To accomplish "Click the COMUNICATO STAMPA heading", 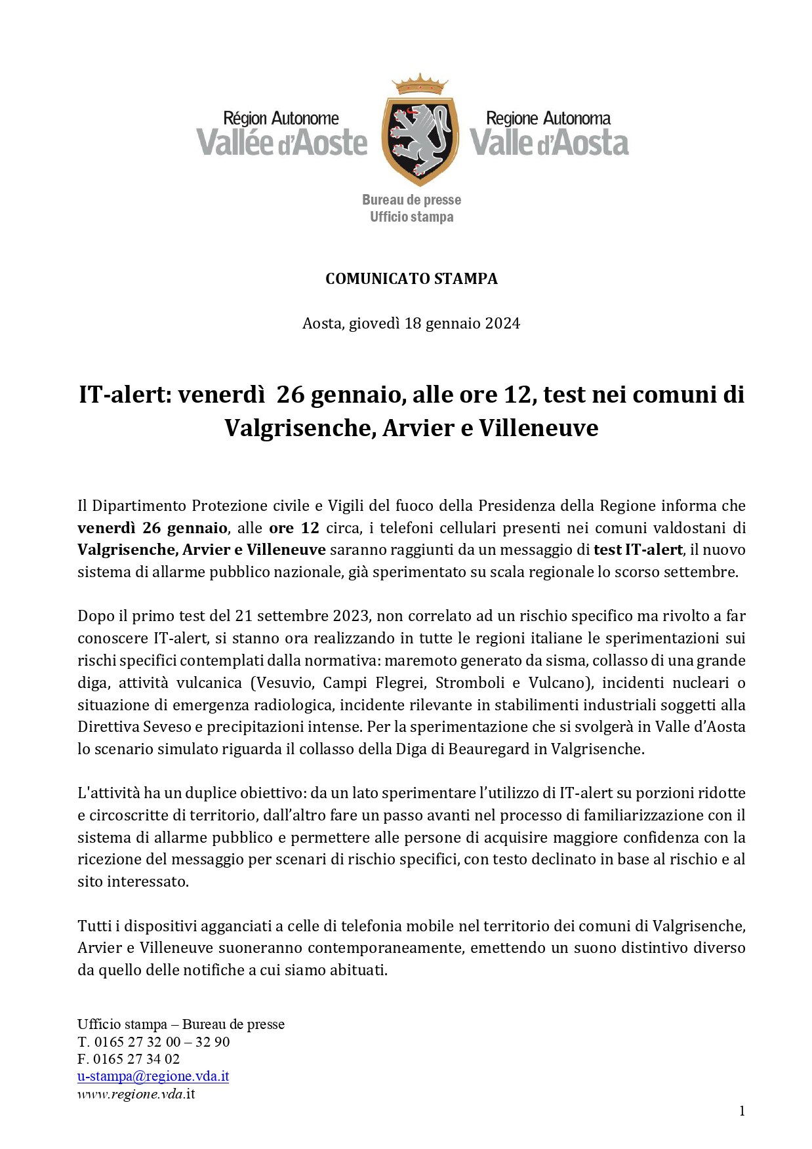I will pos(411,279).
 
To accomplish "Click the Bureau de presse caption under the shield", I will pos(411,200).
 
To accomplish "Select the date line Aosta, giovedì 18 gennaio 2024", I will pos(411,323).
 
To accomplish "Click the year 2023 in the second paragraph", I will pos(351,616).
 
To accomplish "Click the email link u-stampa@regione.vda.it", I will pos(153,1076).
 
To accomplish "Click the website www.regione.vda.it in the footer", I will pos(136,1094).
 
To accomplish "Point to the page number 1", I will pos(742,1111).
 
